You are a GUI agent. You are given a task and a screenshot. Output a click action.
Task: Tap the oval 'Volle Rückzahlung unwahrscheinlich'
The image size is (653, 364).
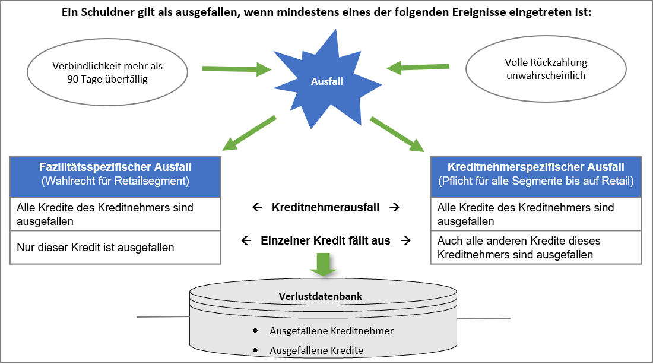546,69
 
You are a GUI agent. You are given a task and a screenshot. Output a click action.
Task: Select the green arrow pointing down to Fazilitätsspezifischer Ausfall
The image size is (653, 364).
249,134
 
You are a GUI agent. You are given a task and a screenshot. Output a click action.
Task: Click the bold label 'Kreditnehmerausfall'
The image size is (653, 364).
326,208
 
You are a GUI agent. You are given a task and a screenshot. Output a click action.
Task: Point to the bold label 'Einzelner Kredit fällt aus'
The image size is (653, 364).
326,240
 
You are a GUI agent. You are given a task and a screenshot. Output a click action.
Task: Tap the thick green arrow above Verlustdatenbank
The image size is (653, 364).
324,264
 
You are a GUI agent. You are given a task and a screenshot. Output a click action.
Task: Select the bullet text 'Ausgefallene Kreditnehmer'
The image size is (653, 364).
331,331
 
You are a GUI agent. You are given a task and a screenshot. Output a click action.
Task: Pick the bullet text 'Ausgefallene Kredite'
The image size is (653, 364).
316,350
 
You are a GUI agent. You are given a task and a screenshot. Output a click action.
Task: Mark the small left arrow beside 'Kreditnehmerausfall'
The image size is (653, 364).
257,208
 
